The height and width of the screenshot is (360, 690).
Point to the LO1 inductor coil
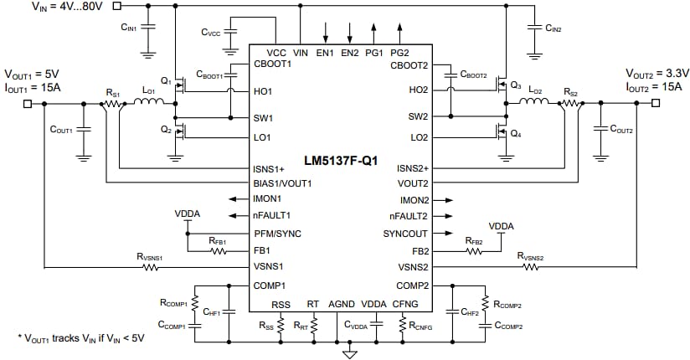150,103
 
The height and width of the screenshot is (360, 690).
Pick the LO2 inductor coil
533,103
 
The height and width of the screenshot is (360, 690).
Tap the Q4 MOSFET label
517,135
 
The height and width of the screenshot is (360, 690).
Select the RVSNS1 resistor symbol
151,268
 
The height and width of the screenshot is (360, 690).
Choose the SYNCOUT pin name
405,233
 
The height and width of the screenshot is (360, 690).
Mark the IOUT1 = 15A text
33,85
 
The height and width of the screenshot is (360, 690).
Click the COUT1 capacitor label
61,131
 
